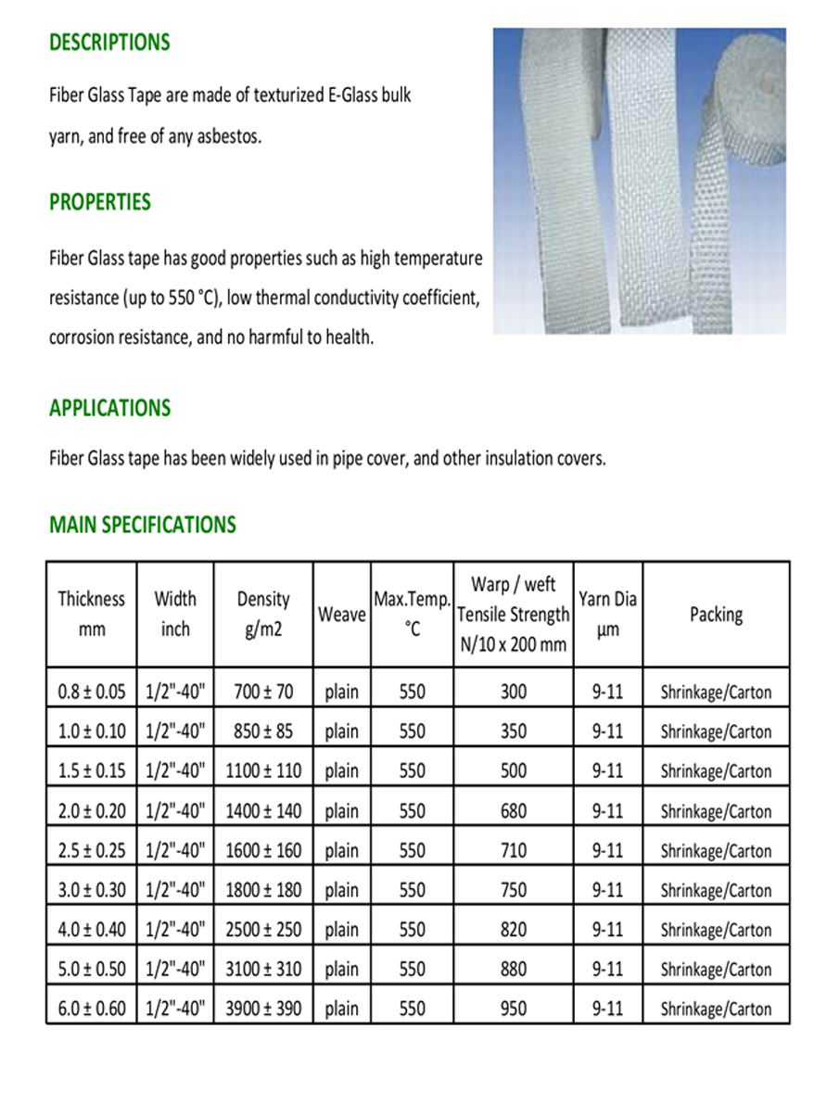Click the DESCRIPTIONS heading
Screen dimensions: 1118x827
[x=109, y=43]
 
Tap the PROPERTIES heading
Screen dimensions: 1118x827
[x=100, y=202]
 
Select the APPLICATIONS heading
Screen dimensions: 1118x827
[x=109, y=409]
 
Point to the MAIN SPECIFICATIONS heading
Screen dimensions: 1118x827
[x=143, y=525]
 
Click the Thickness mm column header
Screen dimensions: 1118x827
[x=92, y=614]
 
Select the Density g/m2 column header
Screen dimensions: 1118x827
[x=263, y=614]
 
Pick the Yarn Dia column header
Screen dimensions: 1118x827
[x=607, y=614]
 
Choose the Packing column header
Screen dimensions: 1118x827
[x=716, y=614]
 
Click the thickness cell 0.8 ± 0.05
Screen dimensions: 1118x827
[x=92, y=692]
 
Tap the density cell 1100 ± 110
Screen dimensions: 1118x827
[x=263, y=770]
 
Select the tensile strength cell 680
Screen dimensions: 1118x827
[x=513, y=811]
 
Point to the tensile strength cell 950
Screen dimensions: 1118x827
[x=513, y=1009]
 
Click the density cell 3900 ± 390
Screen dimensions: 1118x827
[x=263, y=1009]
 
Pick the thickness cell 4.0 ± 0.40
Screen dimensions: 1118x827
[x=92, y=929]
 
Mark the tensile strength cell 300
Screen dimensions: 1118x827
[x=513, y=692]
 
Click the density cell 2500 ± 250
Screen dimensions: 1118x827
[x=263, y=929]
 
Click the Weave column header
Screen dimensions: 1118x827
[x=341, y=615]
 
